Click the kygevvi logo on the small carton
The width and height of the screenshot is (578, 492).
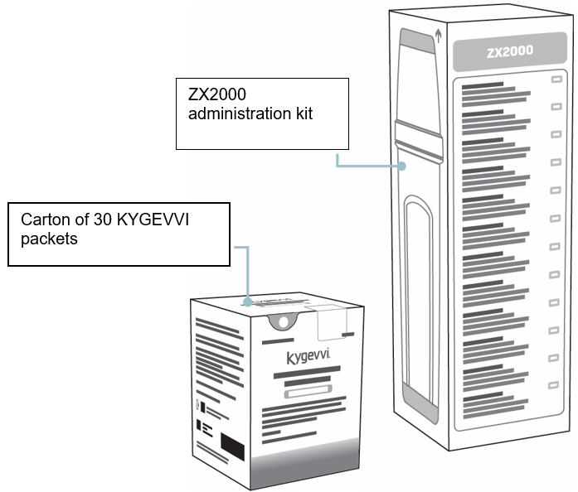point(307,357)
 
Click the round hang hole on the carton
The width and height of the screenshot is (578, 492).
point(283,321)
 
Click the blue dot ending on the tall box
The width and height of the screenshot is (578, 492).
point(402,166)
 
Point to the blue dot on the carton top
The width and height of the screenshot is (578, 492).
point(248,303)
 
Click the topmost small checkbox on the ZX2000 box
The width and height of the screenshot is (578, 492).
point(556,80)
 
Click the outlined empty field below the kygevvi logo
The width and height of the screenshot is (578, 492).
point(308,395)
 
